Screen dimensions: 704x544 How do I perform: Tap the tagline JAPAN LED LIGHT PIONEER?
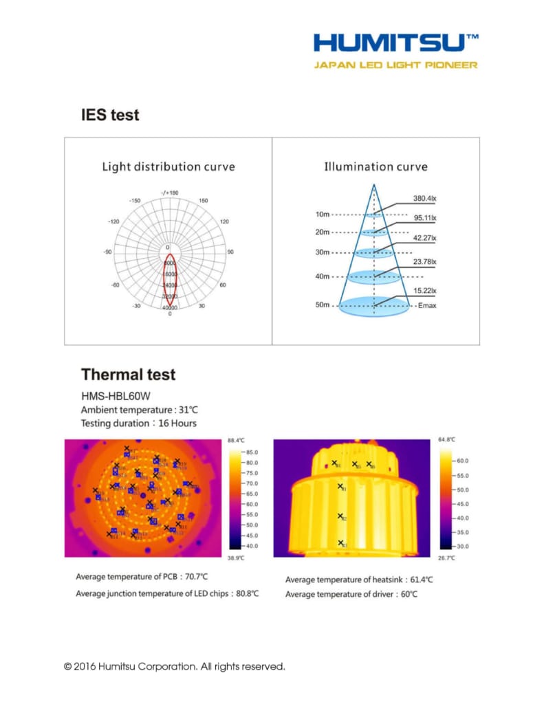tap(395, 65)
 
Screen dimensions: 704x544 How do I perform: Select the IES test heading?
tap(110, 115)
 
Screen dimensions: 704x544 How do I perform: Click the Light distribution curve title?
tap(168, 167)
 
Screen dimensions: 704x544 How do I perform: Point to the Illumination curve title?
tap(376, 167)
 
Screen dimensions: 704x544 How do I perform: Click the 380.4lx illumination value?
tap(424, 199)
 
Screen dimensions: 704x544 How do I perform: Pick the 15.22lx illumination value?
tap(424, 291)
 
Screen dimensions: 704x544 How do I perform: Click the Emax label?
tap(426, 305)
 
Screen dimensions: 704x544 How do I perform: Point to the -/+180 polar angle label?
tap(169, 193)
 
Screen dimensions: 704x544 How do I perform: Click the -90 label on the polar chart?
tap(108, 252)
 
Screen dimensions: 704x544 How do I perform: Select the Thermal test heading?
tap(128, 375)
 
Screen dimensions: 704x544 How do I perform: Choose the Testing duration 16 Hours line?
tap(138, 423)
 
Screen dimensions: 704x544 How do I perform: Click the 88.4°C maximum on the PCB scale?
tap(236, 440)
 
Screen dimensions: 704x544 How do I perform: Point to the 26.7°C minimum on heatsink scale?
tap(446, 558)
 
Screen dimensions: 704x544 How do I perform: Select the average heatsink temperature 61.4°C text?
tap(359, 580)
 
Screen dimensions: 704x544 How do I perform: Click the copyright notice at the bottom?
tap(174, 666)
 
